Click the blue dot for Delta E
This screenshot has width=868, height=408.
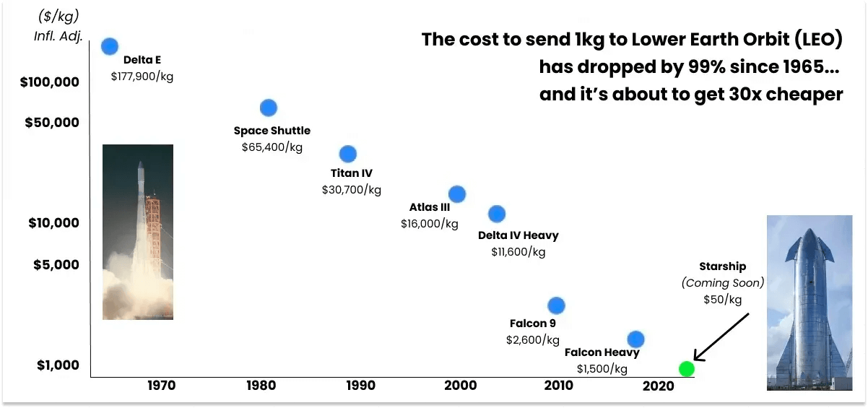point(110,46)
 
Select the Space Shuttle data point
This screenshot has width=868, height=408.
point(268,108)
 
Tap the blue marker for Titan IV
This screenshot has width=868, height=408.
point(348,154)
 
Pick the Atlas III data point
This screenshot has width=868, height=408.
point(456,194)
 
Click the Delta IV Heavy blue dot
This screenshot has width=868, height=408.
point(497,214)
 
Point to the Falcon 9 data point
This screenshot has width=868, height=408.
point(556,305)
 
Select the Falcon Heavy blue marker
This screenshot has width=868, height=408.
point(635,339)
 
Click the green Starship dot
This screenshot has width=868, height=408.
point(687,369)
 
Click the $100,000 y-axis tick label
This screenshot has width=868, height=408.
point(49,82)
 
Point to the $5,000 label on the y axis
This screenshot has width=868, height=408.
point(56,265)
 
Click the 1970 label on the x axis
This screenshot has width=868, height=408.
point(161,386)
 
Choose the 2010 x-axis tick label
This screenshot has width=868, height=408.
point(558,386)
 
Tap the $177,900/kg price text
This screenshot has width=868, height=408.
point(142,75)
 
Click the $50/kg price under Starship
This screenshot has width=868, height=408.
point(722,299)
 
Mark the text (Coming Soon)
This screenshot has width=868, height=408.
point(722,283)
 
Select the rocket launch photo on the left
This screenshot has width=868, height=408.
point(138,232)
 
